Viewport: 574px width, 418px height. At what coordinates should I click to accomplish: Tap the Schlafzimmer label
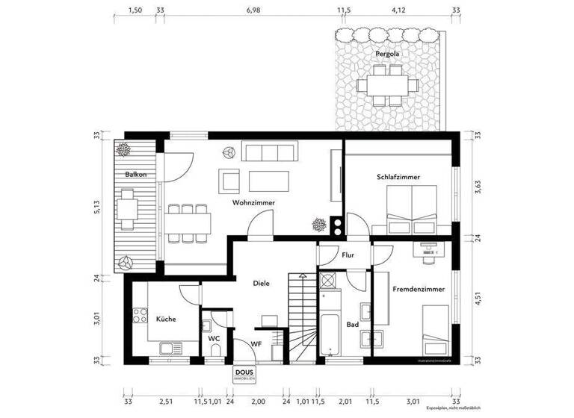tap(398, 177)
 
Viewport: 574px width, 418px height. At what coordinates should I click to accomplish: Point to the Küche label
tap(166, 319)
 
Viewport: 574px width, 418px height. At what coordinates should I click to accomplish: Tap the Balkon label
tap(135, 175)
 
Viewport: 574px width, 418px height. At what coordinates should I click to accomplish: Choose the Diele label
tap(261, 283)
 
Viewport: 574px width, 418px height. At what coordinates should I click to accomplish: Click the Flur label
tap(348, 255)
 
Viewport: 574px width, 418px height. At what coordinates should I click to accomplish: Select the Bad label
tap(351, 324)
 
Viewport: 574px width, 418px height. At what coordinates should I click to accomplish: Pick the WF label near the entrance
tap(255, 343)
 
